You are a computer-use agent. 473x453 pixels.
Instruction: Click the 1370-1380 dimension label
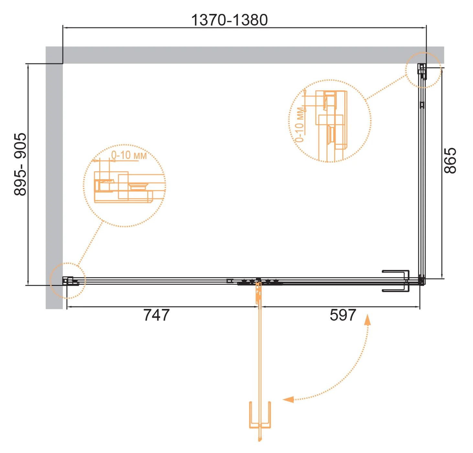(x=229, y=20)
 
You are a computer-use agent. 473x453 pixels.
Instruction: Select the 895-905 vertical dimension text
(x=20, y=164)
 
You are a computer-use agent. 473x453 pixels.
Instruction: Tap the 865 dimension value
(x=450, y=160)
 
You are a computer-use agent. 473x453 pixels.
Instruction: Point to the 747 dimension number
(x=156, y=315)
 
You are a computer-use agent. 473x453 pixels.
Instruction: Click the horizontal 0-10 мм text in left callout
(x=129, y=155)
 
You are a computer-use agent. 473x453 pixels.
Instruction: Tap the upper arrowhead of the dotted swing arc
(x=368, y=319)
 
